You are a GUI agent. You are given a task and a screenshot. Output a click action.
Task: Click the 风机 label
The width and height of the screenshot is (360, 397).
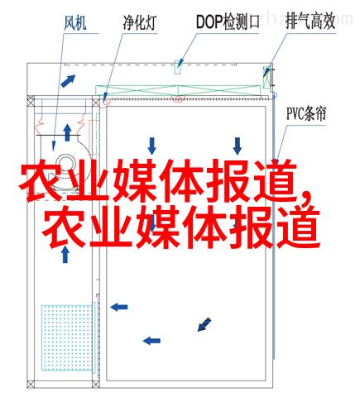(75, 22)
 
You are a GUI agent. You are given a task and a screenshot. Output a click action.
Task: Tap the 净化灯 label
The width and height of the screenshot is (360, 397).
(139, 22)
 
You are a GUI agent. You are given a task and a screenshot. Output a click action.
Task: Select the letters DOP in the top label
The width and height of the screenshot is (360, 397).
(209, 22)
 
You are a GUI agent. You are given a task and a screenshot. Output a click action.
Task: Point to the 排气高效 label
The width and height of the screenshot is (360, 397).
(310, 21)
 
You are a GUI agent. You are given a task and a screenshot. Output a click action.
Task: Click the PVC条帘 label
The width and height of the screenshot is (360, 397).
(306, 113)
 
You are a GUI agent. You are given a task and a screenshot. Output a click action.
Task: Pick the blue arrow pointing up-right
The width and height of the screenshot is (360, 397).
(68, 81)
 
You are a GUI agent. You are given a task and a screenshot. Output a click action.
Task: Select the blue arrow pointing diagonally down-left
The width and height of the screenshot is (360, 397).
(204, 324)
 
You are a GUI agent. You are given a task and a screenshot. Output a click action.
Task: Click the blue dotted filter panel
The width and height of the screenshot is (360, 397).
(67, 337)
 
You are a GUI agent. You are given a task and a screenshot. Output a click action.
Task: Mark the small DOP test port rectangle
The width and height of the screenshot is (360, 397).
(178, 67)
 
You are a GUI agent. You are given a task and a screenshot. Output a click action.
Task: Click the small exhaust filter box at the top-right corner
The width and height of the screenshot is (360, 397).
(267, 77)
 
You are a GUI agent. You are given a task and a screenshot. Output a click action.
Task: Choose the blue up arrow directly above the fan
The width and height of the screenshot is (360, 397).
(67, 132)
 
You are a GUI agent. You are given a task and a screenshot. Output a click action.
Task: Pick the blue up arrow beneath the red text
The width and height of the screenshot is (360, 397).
(65, 254)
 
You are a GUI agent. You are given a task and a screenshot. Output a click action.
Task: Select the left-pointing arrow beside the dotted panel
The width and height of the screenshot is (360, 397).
(119, 307)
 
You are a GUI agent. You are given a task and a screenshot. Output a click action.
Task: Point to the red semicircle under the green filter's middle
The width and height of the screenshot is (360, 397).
(178, 98)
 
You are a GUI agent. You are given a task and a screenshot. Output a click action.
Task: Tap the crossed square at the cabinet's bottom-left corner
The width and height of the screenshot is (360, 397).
(31, 384)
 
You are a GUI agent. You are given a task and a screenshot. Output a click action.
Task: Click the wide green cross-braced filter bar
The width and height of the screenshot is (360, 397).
(178, 90)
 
